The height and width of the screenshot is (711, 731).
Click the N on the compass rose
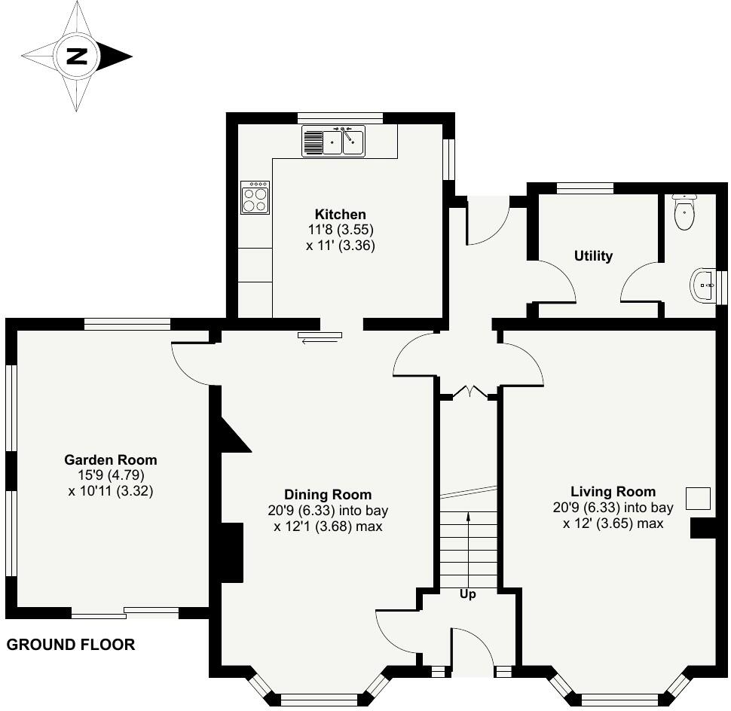pyautogui.click(x=76, y=56)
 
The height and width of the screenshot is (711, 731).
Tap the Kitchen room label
pyautogui.click(x=340, y=215)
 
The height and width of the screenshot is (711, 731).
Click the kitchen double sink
pyautogui.click(x=333, y=141)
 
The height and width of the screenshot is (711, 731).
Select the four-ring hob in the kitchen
pyautogui.click(x=255, y=197)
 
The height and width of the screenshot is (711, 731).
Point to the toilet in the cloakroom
pyautogui.click(x=684, y=212)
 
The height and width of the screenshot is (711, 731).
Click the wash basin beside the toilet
pyautogui.click(x=702, y=285)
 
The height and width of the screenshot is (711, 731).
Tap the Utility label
pyautogui.click(x=593, y=256)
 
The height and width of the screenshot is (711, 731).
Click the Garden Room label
pyautogui.click(x=110, y=459)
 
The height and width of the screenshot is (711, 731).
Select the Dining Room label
pyautogui.click(x=328, y=495)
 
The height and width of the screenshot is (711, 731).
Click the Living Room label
pyautogui.click(x=613, y=492)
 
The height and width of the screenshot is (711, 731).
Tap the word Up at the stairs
pyautogui.click(x=468, y=594)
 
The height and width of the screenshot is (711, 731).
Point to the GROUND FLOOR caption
pyautogui.click(x=71, y=645)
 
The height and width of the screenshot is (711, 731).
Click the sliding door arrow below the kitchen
pyautogui.click(x=320, y=341)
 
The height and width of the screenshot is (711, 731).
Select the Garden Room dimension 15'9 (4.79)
pyautogui.click(x=110, y=475)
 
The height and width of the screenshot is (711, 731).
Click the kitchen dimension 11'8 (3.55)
pyautogui.click(x=340, y=230)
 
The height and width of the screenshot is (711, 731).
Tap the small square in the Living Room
pyautogui.click(x=698, y=499)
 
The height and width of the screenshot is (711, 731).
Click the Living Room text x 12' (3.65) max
pyautogui.click(x=613, y=523)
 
